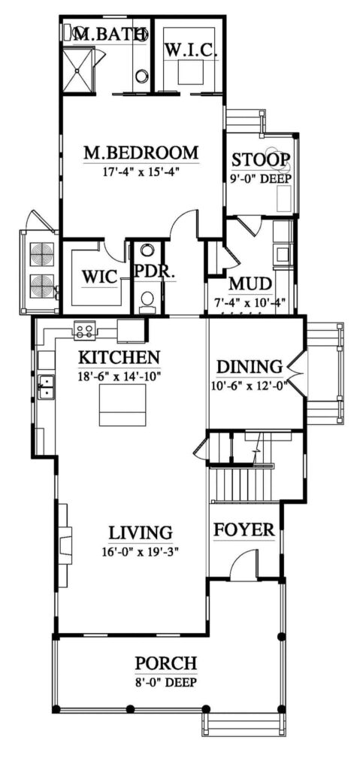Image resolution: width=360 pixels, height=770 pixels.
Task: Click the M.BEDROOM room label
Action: click(141, 153)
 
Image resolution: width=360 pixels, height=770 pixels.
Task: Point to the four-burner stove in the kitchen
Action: click(83, 329)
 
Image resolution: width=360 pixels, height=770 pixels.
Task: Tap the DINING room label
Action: click(250, 368)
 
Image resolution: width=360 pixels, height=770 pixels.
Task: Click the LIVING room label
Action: click(141, 533)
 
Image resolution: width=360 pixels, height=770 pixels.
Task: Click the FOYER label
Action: click(244, 530)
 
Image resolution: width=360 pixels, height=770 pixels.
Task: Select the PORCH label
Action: click(166, 663)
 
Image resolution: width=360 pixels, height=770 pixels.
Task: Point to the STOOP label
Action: click(261, 160)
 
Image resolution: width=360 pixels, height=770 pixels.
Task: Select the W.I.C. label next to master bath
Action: click(191, 50)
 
